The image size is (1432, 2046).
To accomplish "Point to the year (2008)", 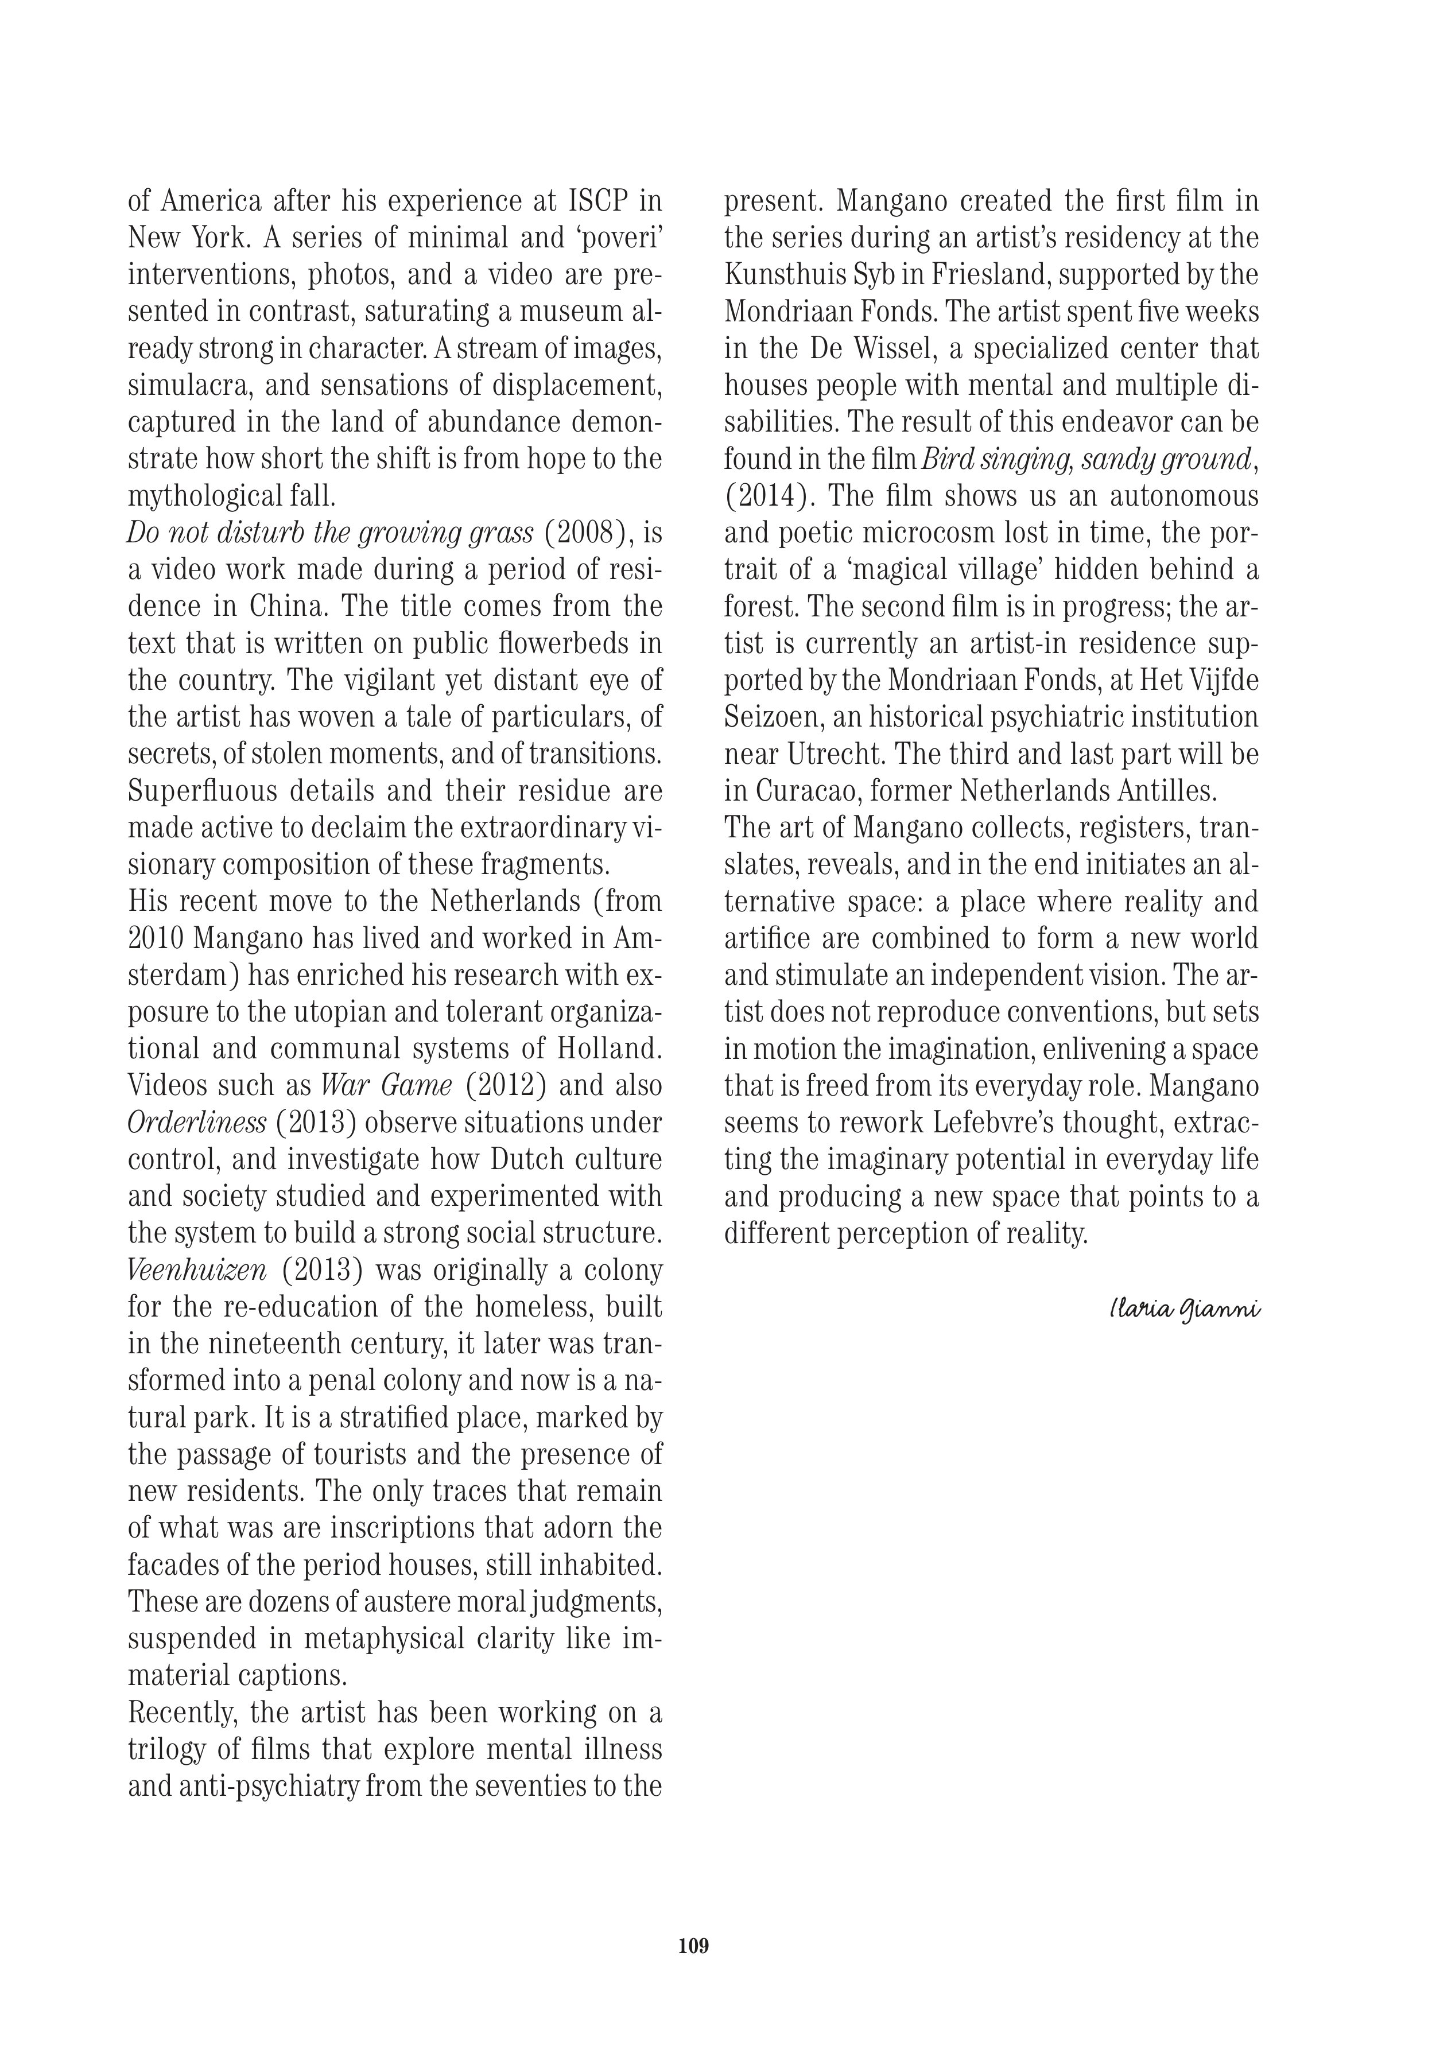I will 588,534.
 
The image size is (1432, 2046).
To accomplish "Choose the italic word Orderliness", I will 197,1123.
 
